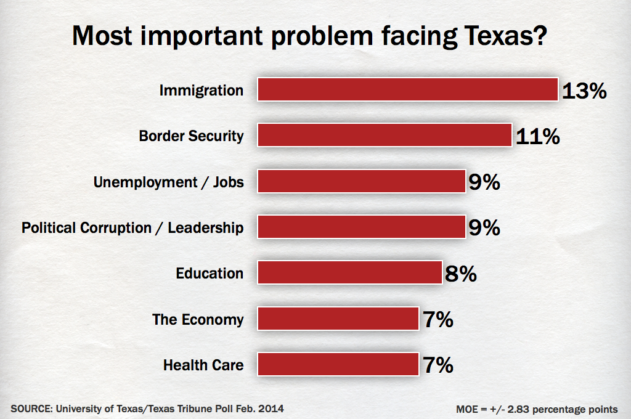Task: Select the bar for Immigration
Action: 407,90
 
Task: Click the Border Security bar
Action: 385,136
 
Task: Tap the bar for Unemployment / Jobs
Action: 361,182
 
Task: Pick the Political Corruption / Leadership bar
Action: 361,227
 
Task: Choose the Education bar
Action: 349,273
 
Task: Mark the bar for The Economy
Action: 338,319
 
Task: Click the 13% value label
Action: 584,91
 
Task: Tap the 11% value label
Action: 537,136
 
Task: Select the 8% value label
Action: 460,274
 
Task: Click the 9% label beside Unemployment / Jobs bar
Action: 484,182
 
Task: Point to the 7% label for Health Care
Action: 438,365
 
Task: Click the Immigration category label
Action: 202,91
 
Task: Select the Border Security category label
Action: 191,136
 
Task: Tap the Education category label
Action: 210,273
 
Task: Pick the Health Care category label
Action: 203,365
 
